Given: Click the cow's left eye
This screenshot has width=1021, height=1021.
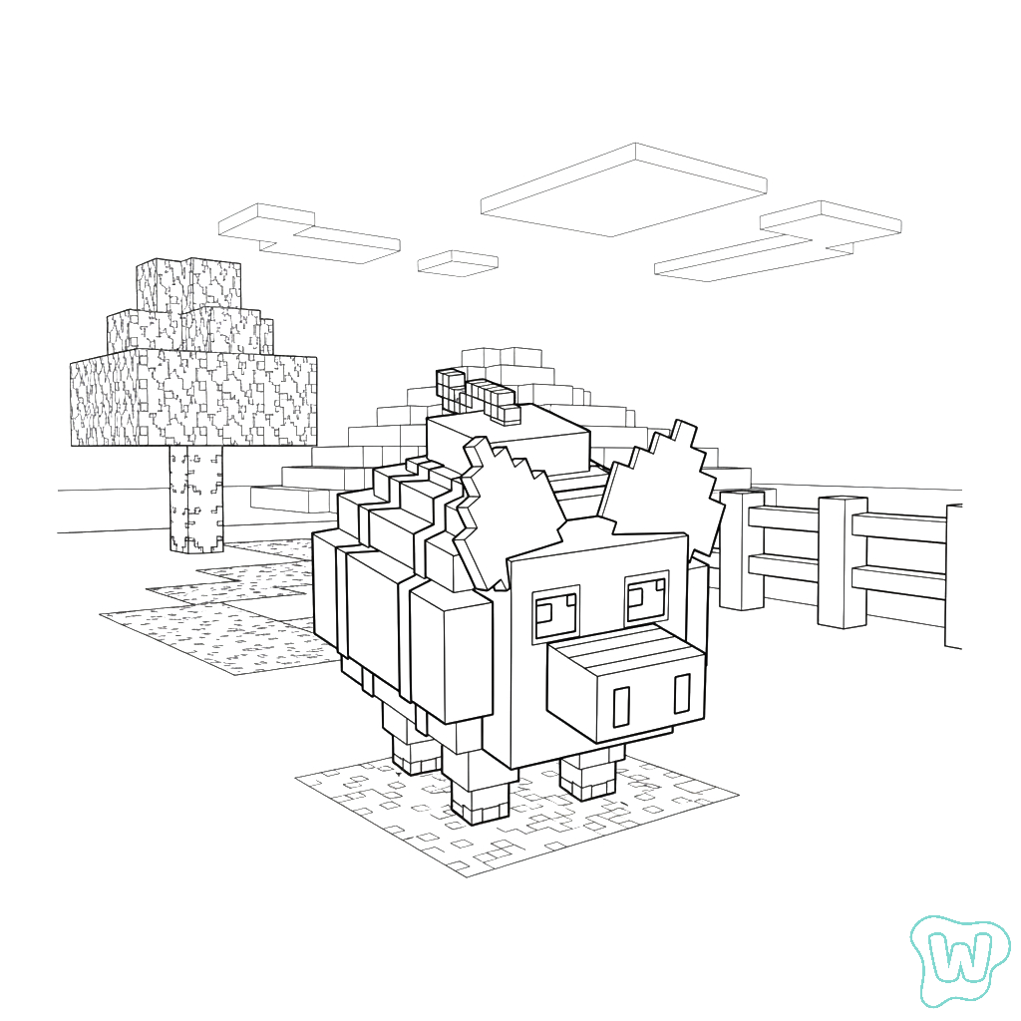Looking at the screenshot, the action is coord(555,613).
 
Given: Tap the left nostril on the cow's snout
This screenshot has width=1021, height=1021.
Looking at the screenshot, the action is coord(622,707).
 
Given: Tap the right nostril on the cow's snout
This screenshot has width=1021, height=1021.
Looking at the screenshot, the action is coord(682,694).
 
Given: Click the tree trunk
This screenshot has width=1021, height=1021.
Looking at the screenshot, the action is coord(196,499).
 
